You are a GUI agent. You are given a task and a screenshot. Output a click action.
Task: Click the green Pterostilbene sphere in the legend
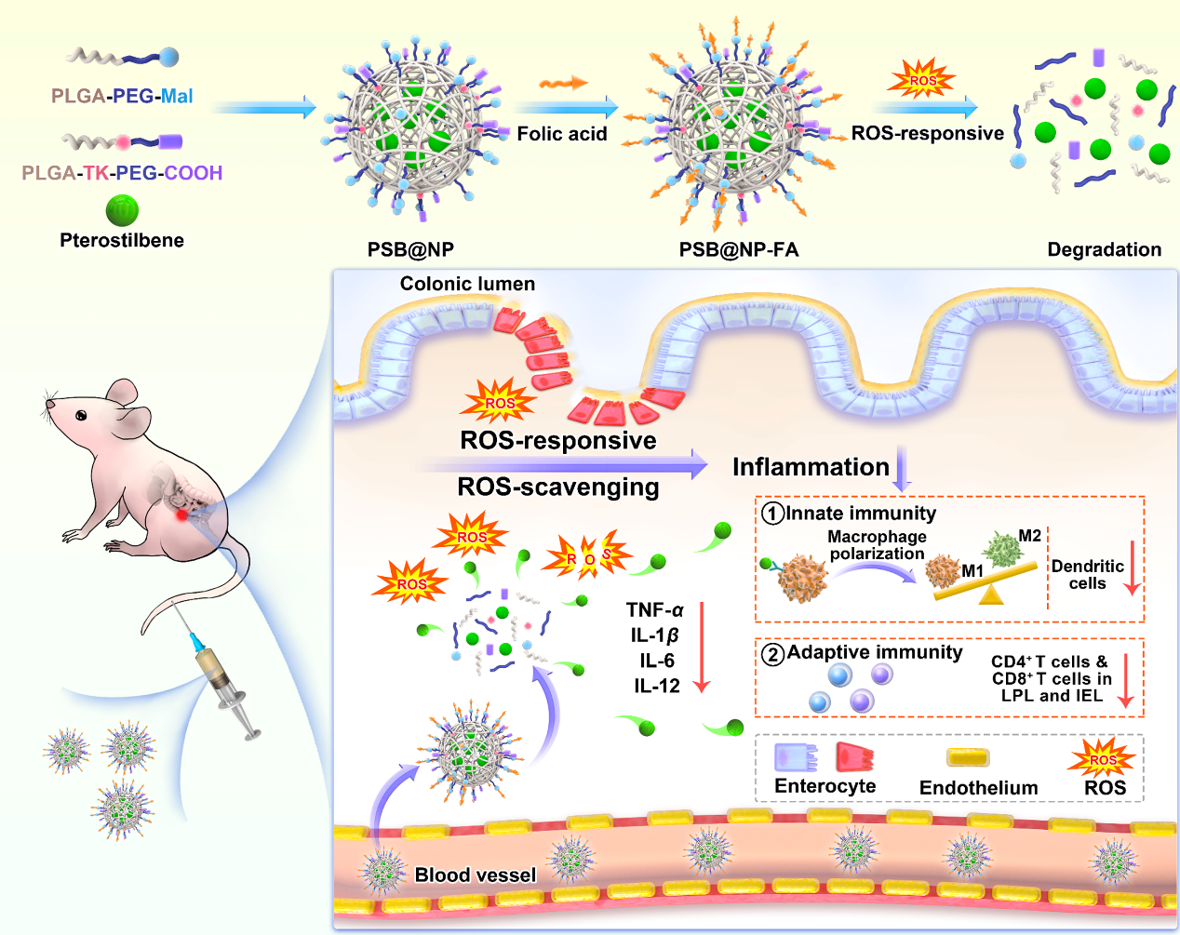(122, 210)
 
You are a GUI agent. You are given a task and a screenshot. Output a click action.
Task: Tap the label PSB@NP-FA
(738, 249)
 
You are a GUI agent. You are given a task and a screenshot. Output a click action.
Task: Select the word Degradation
(1104, 249)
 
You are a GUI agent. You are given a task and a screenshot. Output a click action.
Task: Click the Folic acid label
(561, 134)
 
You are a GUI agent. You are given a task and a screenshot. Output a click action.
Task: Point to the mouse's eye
(82, 415)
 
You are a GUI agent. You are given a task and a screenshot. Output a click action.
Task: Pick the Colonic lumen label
(467, 284)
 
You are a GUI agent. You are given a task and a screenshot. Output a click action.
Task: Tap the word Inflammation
(811, 467)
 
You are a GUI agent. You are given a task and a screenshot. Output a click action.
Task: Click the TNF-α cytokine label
(654, 610)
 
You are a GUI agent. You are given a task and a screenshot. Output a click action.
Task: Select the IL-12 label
(657, 687)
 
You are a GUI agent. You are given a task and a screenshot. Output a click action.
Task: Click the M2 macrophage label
(1029, 536)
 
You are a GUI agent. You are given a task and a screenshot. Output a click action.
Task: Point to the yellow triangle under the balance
(992, 595)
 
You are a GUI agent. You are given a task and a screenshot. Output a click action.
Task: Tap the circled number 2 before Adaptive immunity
(772, 654)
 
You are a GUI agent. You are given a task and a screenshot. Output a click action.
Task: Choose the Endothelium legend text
(978, 788)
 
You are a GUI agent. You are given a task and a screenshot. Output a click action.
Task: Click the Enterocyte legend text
(825, 786)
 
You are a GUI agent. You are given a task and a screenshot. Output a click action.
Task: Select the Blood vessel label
(475, 875)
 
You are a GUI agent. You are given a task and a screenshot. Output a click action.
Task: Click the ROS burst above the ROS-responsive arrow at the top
(921, 80)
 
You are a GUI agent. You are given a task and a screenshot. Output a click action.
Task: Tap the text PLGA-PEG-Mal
(122, 96)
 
